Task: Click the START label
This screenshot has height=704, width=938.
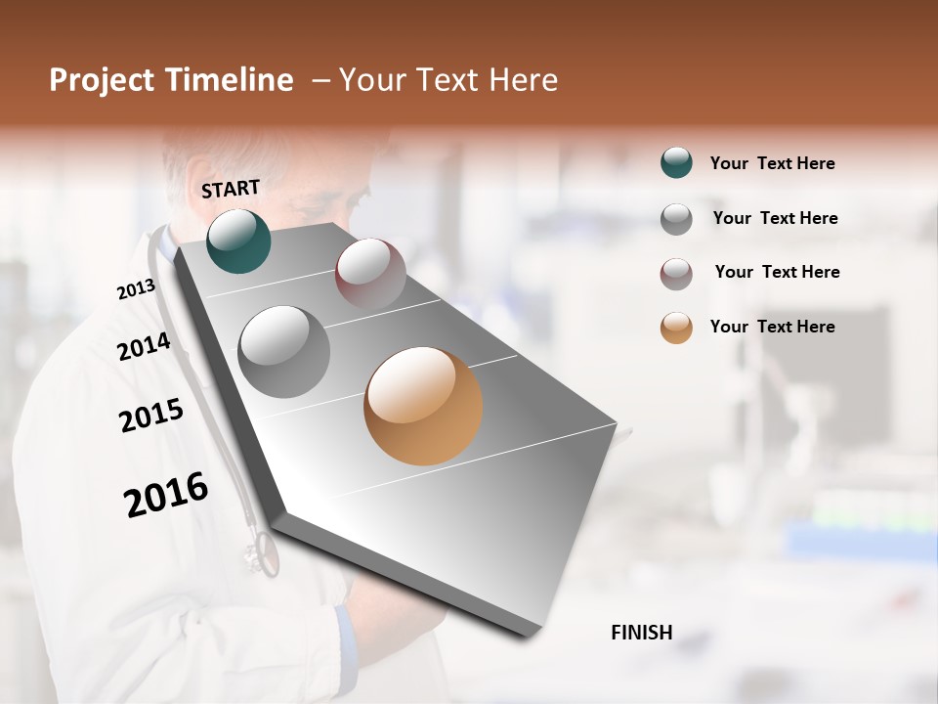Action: tap(231, 189)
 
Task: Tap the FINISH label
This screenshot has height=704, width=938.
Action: tap(641, 633)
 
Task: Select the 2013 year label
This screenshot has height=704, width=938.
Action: tap(136, 289)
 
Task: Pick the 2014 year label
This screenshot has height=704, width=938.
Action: tap(144, 347)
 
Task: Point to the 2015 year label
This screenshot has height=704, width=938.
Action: tap(151, 416)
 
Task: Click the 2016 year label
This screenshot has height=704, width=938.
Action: tap(166, 494)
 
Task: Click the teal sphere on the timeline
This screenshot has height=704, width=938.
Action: tap(238, 241)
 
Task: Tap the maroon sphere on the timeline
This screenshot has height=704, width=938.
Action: tap(370, 274)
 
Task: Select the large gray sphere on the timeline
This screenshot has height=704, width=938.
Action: tap(284, 352)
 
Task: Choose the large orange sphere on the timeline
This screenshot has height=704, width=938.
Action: tap(423, 406)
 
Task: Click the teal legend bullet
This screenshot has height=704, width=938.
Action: tap(676, 162)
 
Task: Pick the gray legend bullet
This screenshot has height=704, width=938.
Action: tap(676, 219)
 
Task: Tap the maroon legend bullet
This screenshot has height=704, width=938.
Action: tap(676, 274)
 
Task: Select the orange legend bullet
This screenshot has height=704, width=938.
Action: tap(676, 328)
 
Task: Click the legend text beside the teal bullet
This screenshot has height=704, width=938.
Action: tap(772, 163)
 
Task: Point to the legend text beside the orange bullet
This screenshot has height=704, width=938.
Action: tap(772, 327)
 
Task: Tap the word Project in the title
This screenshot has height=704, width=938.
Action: tap(102, 80)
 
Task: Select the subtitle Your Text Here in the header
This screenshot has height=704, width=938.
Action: tap(448, 80)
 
